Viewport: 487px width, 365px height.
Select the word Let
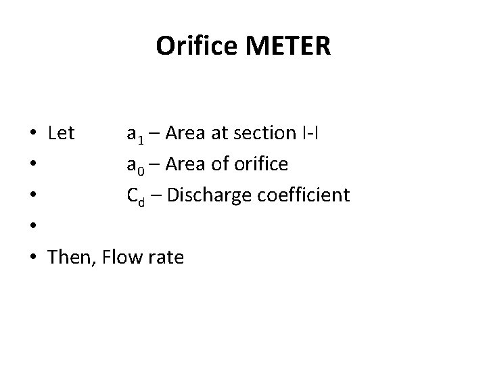[x=62, y=133]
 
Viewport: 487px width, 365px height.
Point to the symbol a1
[x=135, y=134]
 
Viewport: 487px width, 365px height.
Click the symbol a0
[x=135, y=165]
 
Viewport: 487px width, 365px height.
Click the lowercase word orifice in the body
[x=260, y=164]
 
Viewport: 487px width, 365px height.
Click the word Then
[x=70, y=257]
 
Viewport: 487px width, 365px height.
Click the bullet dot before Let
[x=32, y=134]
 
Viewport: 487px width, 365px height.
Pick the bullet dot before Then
[x=32, y=258]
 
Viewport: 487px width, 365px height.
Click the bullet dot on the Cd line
[x=32, y=196]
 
